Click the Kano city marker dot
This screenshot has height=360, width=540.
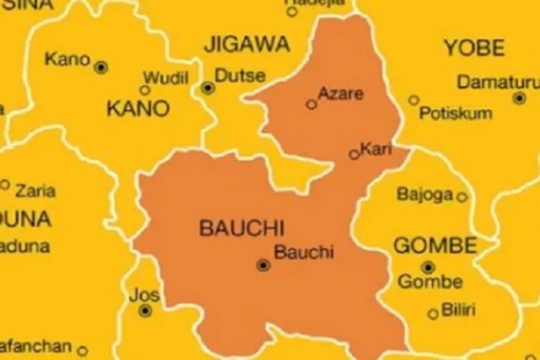coord(101,67)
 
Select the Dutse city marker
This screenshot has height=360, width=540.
coord(207,88)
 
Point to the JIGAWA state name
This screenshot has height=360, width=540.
coord(246,44)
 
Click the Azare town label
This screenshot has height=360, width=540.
coord(341,93)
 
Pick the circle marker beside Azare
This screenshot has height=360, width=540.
coord(311,103)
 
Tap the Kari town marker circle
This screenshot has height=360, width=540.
coord(354,154)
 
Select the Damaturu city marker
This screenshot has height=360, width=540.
coord(519,98)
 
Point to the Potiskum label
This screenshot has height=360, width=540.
coord(455,113)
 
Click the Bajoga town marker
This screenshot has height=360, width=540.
coord(462,197)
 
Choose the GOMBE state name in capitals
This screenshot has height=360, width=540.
coord(434,246)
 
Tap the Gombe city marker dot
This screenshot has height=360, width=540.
coord(427,267)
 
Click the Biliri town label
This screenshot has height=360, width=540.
coord(458,310)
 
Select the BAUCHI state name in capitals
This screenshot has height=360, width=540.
coord(241,228)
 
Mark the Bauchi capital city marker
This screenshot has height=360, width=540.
coord(263,265)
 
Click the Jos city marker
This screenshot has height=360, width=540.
coord(144,311)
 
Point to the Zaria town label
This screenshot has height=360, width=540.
coord(35,190)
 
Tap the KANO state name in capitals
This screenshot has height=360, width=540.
coord(137,109)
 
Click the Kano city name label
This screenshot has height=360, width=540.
coord(67,59)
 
